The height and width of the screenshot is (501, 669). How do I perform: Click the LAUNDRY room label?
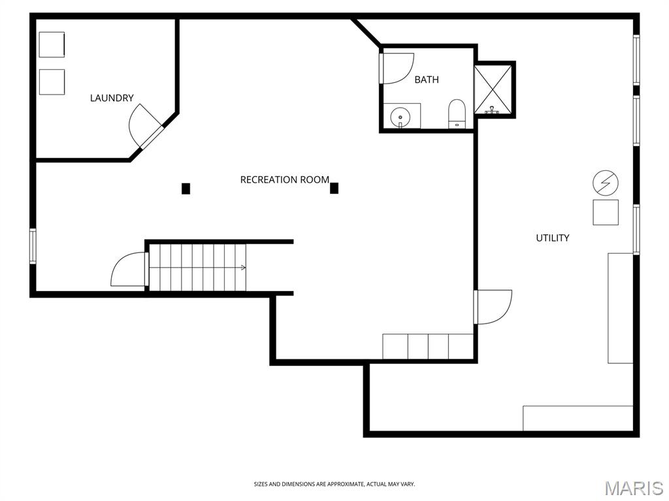click(x=112, y=98)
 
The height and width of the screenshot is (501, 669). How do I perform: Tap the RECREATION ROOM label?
click(x=284, y=179)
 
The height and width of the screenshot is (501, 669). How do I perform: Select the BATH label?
click(x=427, y=80)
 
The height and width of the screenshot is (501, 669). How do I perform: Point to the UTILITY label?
click(x=553, y=238)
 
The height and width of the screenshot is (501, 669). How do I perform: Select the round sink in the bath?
click(x=399, y=117)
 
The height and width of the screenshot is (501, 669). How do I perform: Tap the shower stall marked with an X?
click(x=494, y=89)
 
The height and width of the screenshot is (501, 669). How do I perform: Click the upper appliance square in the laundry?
click(x=52, y=44)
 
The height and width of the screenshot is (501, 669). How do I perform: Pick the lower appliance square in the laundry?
click(x=52, y=82)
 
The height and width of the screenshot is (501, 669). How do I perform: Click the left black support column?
click(x=186, y=189)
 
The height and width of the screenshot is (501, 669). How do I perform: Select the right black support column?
click(x=334, y=188)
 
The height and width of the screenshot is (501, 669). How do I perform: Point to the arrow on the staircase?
click(x=242, y=267)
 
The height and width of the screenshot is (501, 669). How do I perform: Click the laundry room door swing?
click(x=142, y=125)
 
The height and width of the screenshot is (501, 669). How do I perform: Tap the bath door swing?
click(x=397, y=68)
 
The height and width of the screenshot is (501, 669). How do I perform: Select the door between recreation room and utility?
click(x=493, y=307)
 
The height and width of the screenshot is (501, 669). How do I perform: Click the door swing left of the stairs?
click(x=129, y=269)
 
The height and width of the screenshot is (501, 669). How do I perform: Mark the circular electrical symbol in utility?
click(x=606, y=183)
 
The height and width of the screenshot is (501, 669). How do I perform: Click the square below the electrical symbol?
click(x=606, y=213)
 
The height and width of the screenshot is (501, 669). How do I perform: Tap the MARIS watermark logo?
click(x=634, y=488)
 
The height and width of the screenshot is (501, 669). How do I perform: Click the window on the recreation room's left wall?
click(x=33, y=246)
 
